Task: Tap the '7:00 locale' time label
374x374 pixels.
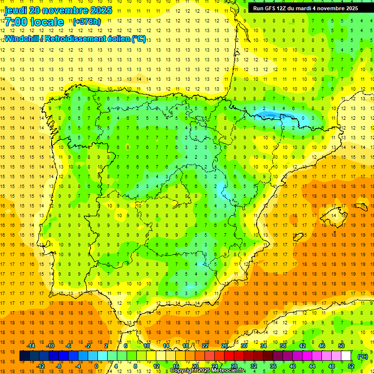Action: coord(34,22)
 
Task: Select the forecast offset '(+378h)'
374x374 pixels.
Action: coord(87,21)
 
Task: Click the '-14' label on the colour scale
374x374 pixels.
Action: coord(31,346)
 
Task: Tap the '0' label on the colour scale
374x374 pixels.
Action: coord(96,366)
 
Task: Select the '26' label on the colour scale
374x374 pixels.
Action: coord(224,346)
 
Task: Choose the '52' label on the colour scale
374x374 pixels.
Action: coord(351,366)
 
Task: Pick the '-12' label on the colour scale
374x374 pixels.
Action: coord(40,366)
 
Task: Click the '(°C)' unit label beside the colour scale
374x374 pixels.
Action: coord(362,356)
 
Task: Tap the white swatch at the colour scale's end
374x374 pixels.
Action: coord(346,356)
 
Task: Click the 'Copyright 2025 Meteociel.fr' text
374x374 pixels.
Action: coord(207,371)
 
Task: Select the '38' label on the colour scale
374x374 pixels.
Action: coord(283,346)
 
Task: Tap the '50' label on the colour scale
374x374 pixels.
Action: coord(341,346)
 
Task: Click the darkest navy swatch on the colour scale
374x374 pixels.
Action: coord(24,356)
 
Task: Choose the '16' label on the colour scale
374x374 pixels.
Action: coord(175,366)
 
